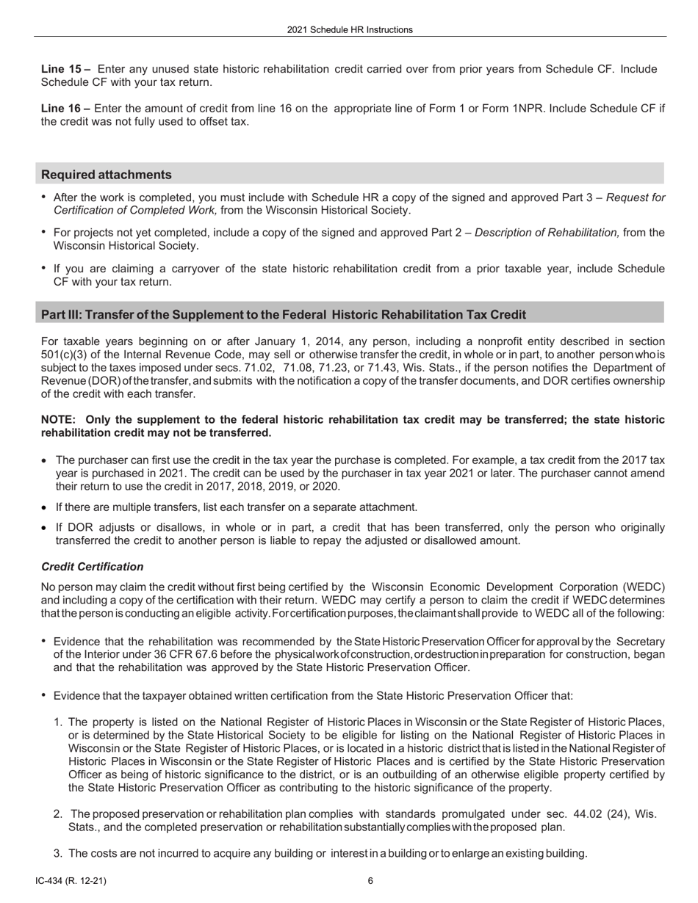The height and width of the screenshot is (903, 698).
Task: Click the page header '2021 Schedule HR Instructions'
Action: click(349, 30)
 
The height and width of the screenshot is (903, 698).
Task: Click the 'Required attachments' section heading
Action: click(107, 175)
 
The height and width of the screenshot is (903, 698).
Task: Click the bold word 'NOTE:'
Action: click(59, 419)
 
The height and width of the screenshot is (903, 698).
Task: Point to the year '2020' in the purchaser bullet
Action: click(327, 486)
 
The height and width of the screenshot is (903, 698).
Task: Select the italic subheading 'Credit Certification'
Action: click(92, 567)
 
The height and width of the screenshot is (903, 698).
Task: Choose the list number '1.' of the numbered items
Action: click(58, 722)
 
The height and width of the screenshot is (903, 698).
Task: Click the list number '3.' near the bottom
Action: click(58, 853)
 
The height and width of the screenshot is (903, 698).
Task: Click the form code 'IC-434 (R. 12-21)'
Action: click(75, 881)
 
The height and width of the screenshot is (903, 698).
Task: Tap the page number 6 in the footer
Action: click(370, 881)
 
